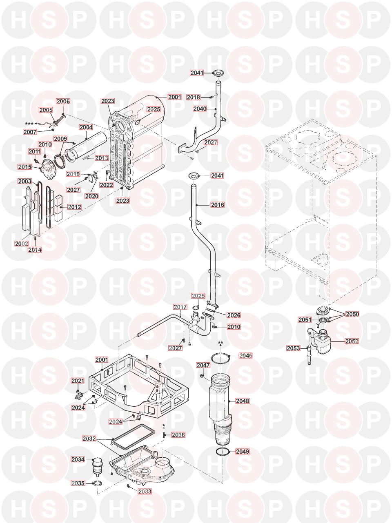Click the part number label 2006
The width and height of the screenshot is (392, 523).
click(x=63, y=102)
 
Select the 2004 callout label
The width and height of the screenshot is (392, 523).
click(x=86, y=128)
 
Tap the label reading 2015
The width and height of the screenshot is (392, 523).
click(x=24, y=167)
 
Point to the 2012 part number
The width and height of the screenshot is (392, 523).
click(x=74, y=207)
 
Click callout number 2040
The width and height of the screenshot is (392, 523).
click(x=200, y=109)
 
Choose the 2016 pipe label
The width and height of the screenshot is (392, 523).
click(x=218, y=205)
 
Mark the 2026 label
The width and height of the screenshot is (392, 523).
click(x=234, y=315)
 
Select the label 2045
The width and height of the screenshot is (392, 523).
click(x=245, y=356)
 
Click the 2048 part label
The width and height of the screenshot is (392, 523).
click(x=242, y=401)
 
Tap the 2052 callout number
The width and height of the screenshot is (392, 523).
click(x=352, y=341)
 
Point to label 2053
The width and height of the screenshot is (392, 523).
click(x=293, y=348)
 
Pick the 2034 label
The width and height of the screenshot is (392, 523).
click(x=78, y=460)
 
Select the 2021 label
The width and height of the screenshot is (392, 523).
click(x=77, y=381)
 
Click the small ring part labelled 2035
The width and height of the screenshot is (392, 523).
click(x=98, y=484)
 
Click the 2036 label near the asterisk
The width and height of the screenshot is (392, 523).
click(x=178, y=435)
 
